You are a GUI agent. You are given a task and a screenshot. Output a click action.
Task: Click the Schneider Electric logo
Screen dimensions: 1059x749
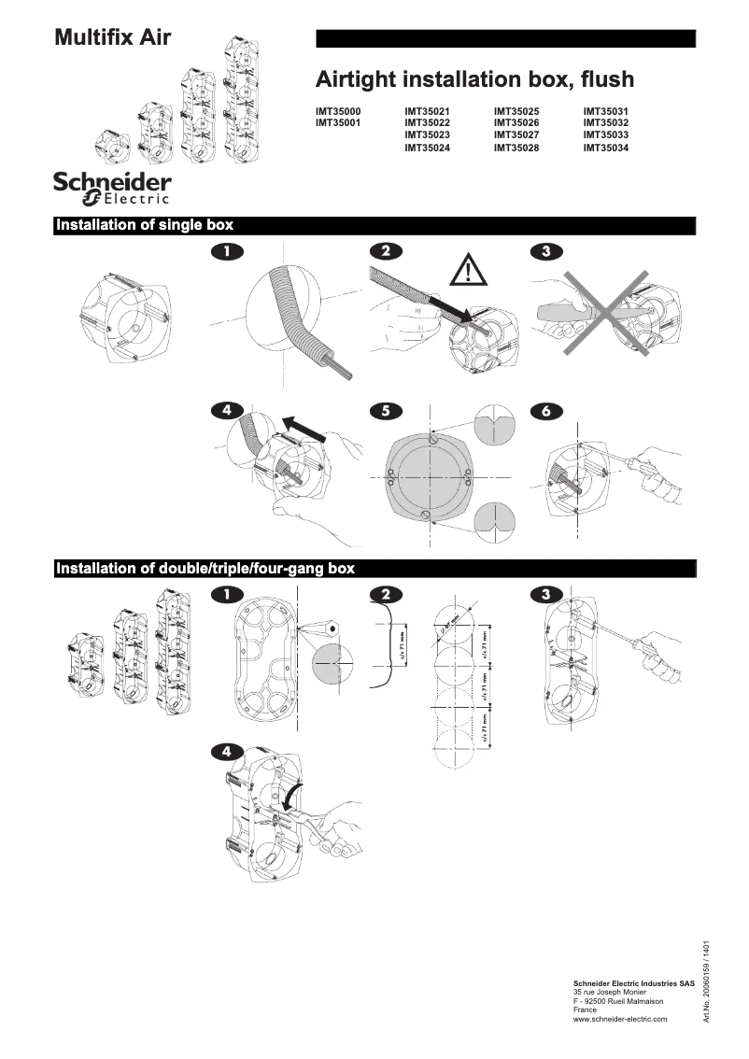(112, 187)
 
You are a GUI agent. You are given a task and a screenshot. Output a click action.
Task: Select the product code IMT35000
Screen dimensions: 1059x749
(338, 111)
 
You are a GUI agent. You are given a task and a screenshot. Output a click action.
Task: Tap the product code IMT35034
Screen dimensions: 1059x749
(606, 148)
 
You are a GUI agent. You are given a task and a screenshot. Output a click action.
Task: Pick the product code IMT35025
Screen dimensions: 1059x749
(516, 111)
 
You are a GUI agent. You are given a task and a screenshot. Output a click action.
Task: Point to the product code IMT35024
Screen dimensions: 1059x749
(427, 148)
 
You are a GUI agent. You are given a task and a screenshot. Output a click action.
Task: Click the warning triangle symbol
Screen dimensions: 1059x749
(468, 271)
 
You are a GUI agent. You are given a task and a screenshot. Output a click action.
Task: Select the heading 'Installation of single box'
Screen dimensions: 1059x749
(145, 225)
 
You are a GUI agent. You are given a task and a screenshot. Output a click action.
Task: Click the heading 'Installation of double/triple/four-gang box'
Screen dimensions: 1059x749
(205, 568)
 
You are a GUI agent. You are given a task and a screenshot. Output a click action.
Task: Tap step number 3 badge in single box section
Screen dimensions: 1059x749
(545, 251)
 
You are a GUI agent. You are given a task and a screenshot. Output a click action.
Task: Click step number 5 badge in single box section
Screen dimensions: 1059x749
(386, 410)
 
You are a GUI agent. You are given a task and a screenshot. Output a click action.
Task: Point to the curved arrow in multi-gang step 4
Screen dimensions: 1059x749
(292, 799)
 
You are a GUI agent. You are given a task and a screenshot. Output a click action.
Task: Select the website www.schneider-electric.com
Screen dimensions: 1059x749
(619, 1019)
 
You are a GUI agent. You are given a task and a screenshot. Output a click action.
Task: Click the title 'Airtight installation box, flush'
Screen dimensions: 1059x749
(474, 78)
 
